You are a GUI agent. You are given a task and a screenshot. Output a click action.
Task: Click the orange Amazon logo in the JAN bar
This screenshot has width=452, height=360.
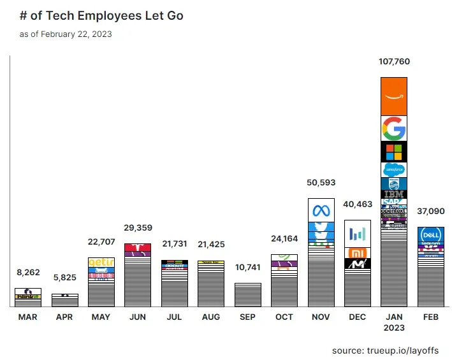[393, 96]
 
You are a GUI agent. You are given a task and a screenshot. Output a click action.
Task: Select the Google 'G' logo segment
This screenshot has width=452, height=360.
[393, 129]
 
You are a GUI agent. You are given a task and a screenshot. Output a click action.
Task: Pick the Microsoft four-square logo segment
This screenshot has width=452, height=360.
[393, 152]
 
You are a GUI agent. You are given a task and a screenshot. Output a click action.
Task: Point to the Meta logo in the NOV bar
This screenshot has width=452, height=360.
[321, 210]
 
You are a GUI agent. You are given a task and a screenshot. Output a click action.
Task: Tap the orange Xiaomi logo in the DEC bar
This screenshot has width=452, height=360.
[357, 252]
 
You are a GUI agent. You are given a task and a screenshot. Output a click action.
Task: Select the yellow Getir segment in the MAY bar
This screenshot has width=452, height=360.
[101, 263]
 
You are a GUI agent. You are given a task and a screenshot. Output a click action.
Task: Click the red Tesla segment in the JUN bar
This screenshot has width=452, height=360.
[137, 247]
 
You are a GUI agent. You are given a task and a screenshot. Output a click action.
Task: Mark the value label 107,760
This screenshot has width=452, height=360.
[393, 62]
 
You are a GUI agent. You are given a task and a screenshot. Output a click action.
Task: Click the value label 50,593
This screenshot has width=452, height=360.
[321, 183]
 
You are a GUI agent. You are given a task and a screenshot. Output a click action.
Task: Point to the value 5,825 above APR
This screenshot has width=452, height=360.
[64, 278]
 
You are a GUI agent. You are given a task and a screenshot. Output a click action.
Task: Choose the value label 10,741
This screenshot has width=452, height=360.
[247, 268]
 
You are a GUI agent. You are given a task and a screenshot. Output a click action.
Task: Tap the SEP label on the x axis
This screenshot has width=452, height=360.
[247, 317]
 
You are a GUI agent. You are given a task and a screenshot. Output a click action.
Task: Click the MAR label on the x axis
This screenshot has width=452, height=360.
[27, 317]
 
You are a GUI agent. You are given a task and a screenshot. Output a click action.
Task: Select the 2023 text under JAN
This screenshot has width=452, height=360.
[393, 328]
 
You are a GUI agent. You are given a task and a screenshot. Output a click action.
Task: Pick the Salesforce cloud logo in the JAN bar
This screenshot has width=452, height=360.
[393, 170]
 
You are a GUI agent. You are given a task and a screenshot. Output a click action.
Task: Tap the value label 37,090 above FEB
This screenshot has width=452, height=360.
[430, 212]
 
